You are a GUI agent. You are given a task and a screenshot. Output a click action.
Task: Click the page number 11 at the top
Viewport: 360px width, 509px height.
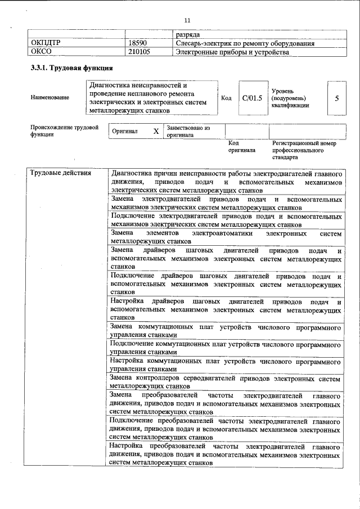[x=179, y=21]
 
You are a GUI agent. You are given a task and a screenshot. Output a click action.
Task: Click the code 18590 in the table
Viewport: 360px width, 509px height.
[x=138, y=43]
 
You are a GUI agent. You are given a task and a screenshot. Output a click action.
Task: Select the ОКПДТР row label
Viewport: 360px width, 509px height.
[x=47, y=43]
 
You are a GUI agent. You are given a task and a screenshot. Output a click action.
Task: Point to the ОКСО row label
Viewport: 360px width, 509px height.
[x=43, y=52]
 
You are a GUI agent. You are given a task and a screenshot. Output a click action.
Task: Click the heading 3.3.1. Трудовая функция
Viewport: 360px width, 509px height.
[x=72, y=68]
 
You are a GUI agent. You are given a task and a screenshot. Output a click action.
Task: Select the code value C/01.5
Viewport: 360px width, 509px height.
[x=252, y=98]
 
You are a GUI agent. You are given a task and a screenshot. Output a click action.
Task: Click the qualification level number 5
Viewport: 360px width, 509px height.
[x=336, y=98]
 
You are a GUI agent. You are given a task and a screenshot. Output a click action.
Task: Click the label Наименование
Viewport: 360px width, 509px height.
[x=51, y=98]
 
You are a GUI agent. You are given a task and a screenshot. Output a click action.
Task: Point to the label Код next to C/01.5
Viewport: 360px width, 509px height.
[x=226, y=98]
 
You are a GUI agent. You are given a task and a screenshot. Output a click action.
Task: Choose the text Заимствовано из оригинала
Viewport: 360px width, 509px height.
[x=188, y=132]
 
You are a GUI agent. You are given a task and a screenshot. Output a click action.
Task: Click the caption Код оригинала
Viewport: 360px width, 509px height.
[x=241, y=147]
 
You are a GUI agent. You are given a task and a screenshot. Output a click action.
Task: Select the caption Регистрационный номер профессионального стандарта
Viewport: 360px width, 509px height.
[x=304, y=151]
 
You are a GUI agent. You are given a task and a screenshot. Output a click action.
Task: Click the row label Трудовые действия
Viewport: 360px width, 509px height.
[x=61, y=173]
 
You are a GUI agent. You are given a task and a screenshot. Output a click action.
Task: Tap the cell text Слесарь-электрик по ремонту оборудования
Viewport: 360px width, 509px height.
[x=245, y=43]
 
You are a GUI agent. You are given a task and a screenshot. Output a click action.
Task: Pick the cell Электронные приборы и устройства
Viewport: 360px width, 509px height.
[x=232, y=52]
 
